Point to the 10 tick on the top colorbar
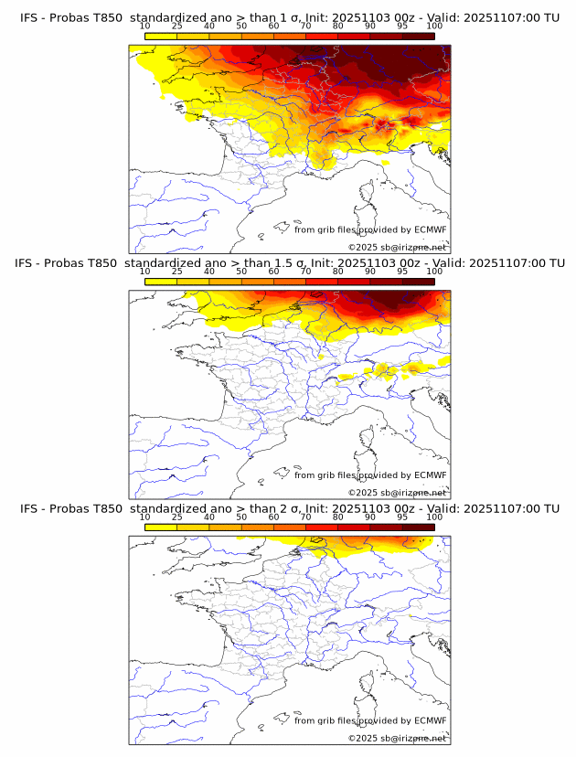tap(145, 26)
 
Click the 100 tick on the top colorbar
tap(434, 26)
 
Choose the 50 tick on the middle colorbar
tap(241, 272)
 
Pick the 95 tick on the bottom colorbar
tap(402, 517)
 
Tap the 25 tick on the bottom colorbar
tap(177, 517)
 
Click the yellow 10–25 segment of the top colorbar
tap(161, 37)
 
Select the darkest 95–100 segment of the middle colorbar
tap(418, 282)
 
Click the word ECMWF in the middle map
tap(431, 474)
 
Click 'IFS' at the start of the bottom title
tap(30, 508)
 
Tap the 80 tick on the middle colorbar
tap(338, 272)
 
